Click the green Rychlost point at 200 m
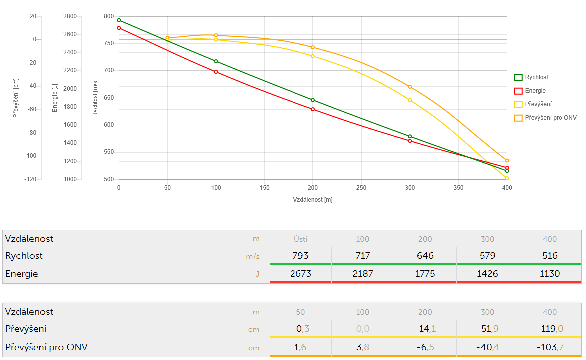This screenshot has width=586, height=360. [x=313, y=100]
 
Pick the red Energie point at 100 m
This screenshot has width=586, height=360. [x=216, y=72]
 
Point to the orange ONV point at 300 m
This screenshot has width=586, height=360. [x=410, y=87]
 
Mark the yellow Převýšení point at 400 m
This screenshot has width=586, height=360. [x=507, y=178]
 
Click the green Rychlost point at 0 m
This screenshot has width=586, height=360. [x=119, y=20]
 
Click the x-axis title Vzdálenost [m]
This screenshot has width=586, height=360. [x=313, y=200]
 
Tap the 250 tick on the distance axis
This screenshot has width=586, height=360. [x=361, y=188]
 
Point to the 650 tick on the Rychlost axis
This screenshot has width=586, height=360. [x=108, y=98]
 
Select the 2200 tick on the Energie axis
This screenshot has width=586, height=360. [x=70, y=71]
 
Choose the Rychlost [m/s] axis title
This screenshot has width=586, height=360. [x=95, y=97]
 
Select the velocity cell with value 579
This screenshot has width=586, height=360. [x=487, y=256]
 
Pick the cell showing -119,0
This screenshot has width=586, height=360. [x=550, y=329]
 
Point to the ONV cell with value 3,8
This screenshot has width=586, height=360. [x=362, y=347]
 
